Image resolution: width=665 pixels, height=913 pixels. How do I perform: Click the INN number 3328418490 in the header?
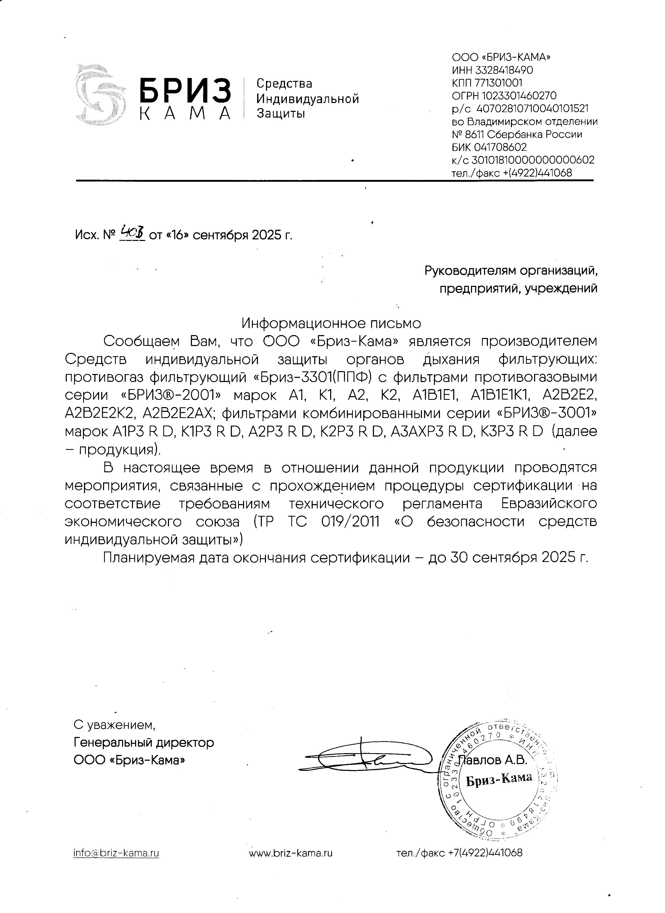pos(504,70)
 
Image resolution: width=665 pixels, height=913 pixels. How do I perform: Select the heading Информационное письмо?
pos(331,323)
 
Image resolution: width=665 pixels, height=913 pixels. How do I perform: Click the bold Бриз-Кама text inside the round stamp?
pos(499,778)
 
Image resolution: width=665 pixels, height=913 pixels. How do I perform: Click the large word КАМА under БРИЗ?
pos(185,113)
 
